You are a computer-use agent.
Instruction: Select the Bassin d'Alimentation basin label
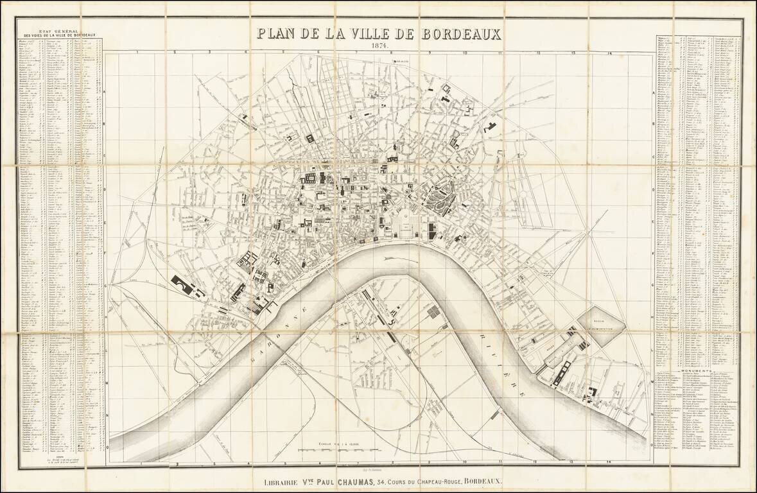pos(602,327)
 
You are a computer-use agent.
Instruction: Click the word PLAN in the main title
pos(277,34)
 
